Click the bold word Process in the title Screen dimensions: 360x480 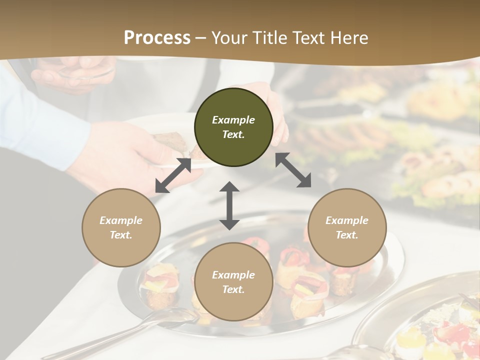[x=157, y=37]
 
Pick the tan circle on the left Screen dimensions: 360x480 [x=121, y=227]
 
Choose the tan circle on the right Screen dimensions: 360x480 [x=347, y=227]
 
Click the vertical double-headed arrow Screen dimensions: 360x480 [x=229, y=205]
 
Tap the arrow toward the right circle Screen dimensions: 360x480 [x=293, y=170]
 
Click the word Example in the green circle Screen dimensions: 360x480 [x=233, y=120]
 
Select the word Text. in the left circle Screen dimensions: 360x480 [x=121, y=235]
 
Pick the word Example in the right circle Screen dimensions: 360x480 [x=347, y=220]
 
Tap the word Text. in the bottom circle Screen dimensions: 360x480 [x=233, y=289]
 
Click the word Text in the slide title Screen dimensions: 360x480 [x=307, y=37]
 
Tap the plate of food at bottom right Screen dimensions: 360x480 [x=430, y=325]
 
